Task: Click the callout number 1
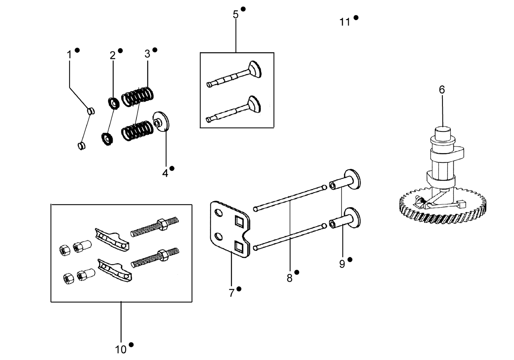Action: coord(69,55)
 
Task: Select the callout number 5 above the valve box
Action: coord(236,15)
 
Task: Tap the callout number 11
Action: coord(344,22)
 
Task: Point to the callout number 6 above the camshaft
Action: coord(442,90)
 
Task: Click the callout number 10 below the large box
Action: coord(121,350)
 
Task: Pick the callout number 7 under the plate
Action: coord(231,293)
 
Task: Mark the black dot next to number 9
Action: coord(350,260)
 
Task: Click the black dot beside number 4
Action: coord(172,168)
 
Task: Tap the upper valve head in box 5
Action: coord(255,69)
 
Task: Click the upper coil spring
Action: coord(137,96)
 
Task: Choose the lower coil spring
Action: coord(138,130)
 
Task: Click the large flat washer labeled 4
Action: coord(161,121)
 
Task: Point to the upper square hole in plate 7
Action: coord(239,221)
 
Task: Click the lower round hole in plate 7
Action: coord(218,237)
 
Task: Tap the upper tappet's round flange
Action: coord(352,179)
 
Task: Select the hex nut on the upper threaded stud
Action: coord(162,224)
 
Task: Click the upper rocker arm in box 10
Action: coord(112,239)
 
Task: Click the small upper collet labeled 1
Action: coord(91,111)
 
